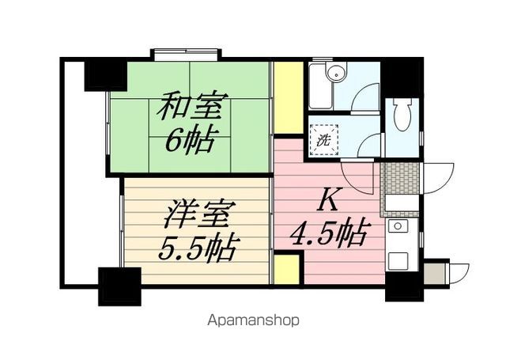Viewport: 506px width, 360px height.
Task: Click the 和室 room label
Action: tap(193, 107)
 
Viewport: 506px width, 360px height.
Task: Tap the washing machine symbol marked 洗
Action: tap(325, 140)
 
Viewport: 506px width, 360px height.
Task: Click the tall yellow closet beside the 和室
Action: tap(289, 97)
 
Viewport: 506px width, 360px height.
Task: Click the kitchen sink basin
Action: tap(400, 228)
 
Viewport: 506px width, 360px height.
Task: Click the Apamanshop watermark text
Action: tap(253, 320)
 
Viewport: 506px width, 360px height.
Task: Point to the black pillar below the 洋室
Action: tap(119, 285)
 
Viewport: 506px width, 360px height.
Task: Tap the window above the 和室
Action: tap(187, 55)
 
